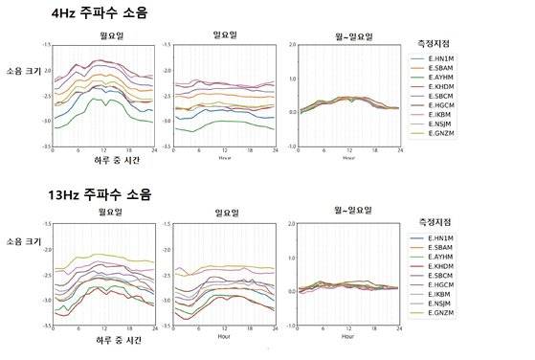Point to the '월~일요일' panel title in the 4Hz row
347,36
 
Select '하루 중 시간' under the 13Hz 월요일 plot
102,340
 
